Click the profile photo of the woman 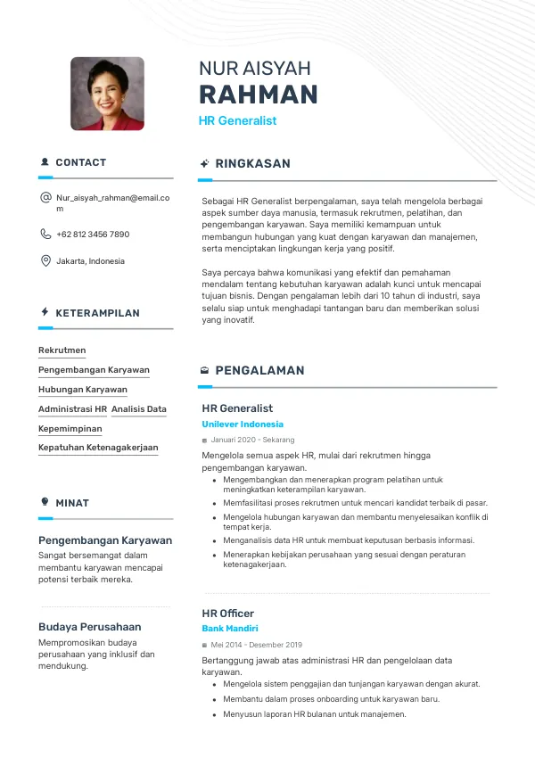tap(107, 94)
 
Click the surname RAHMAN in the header tap(258, 95)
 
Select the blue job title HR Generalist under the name tap(237, 120)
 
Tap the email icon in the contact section tap(45, 197)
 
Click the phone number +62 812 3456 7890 tap(93, 235)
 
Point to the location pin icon tap(45, 261)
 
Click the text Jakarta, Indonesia tap(90, 261)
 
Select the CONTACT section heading tap(80, 162)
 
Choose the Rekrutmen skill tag tap(62, 350)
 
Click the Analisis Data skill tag tap(139, 409)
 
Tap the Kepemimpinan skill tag tap(70, 429)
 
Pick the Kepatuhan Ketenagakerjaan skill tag tap(98, 448)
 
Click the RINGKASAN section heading tap(252, 164)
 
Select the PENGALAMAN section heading tap(259, 370)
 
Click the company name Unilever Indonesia tap(243, 424)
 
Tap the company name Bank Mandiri tap(230, 629)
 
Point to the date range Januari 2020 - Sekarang tap(252, 440)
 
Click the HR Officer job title tap(228, 614)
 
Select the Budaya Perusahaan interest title tap(89, 627)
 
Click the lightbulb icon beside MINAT tap(45, 502)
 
